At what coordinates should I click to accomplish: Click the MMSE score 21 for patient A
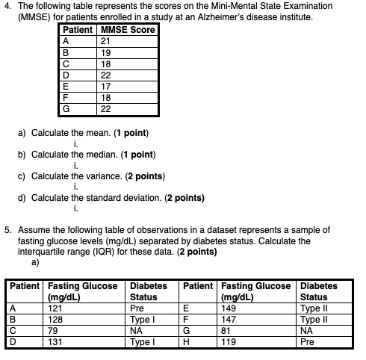[x=106, y=41]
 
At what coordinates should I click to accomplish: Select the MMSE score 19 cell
[x=106, y=53]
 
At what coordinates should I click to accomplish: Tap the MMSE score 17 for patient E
[x=106, y=86]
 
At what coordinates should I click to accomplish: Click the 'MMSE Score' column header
[x=127, y=30]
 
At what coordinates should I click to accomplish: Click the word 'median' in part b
[x=98, y=155]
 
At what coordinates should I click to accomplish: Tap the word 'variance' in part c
[x=101, y=176]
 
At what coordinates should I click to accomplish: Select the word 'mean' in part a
[x=96, y=133]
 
